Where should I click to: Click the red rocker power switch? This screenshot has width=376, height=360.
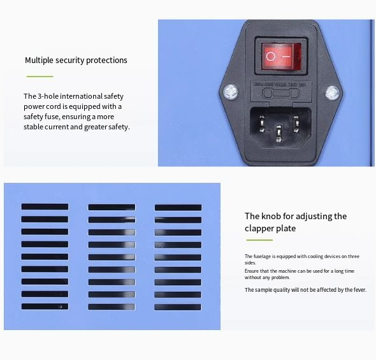(281, 57)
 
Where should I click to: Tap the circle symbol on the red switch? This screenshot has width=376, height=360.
(270, 57)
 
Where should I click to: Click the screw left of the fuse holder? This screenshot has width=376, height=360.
(231, 92)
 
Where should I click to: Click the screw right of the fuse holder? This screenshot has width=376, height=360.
(332, 93)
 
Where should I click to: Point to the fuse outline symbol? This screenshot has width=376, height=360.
(281, 93)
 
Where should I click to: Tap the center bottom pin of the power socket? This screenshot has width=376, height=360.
(278, 133)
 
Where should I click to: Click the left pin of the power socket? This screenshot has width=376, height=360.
(262, 123)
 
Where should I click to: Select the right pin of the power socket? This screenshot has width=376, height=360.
(296, 124)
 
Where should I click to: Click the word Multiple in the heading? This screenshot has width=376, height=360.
(39, 60)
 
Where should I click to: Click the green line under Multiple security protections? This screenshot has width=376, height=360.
(40, 76)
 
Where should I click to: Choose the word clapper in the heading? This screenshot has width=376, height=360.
(259, 228)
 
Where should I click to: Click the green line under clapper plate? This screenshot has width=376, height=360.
(259, 240)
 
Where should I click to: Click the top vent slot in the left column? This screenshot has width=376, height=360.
(45, 206)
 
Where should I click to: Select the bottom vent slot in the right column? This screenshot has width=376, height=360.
(178, 307)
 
